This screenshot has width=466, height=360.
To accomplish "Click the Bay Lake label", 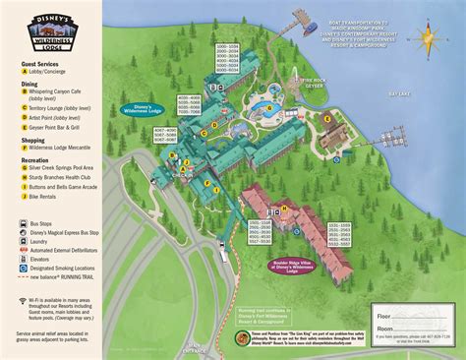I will tap(399, 123).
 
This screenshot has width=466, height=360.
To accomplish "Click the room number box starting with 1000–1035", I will tap(227, 60).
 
